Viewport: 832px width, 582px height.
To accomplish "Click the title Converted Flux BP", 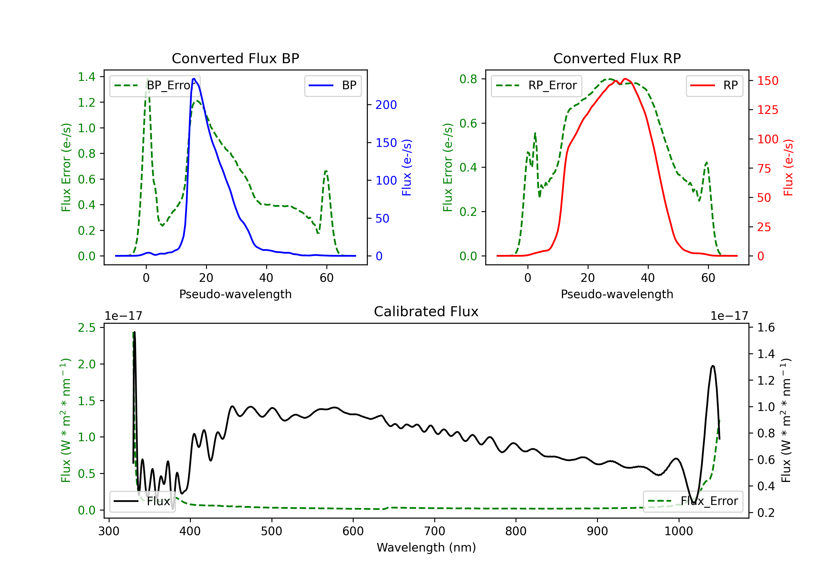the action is pyautogui.click(x=235, y=58).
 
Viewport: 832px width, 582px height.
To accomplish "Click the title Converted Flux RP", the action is pyautogui.click(x=617, y=58).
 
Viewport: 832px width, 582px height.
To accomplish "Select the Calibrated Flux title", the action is pyautogui.click(x=426, y=312).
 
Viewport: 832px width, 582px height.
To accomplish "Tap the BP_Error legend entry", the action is pyautogui.click(x=155, y=85).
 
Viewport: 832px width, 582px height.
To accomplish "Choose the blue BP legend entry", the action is pyautogui.click(x=333, y=85).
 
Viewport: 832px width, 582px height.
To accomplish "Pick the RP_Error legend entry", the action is pyautogui.click(x=536, y=85).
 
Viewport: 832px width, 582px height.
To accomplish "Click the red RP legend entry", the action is pyautogui.click(x=714, y=85).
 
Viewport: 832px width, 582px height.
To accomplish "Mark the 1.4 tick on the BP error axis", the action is pyautogui.click(x=87, y=77).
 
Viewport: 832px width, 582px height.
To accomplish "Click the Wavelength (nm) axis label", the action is pyautogui.click(x=426, y=548).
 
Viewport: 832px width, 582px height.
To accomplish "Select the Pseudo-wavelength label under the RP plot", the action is pyautogui.click(x=617, y=294).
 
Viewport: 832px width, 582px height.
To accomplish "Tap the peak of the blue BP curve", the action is pyautogui.click(x=194, y=79).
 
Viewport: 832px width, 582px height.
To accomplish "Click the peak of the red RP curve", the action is pyautogui.click(x=625, y=79).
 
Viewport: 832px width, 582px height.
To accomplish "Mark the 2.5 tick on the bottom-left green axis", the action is pyautogui.click(x=87, y=328).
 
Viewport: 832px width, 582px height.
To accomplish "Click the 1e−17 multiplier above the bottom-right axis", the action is pyautogui.click(x=729, y=316).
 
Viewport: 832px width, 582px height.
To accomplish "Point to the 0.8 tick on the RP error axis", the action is pyautogui.click(x=468, y=79).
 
